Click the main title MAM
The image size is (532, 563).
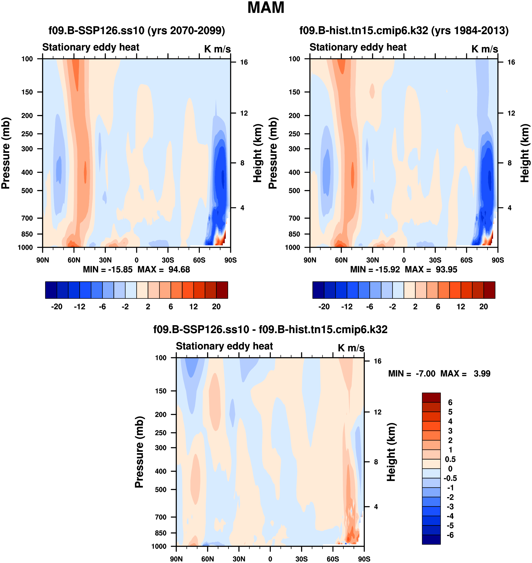[266, 8]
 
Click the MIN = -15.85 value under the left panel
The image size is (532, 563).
[108, 269]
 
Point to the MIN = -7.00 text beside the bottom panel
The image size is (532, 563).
[411, 374]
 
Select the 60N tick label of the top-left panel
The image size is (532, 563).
[74, 260]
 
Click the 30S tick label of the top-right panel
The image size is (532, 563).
[435, 260]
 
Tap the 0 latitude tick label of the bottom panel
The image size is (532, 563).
[270, 559]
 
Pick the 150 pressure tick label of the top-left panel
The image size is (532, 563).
[27, 92]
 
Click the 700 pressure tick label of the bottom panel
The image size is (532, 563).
[161, 517]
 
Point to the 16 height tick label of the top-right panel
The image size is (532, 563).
[511, 62]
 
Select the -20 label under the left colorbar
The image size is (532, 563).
[57, 307]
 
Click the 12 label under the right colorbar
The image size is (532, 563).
[461, 307]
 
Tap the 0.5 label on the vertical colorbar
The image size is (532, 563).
[450, 459]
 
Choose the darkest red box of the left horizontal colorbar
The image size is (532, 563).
[222, 290]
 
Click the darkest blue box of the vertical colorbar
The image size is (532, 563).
[431, 539]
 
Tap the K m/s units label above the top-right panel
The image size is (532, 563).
[485, 49]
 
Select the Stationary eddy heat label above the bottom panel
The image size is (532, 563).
[224, 346]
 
